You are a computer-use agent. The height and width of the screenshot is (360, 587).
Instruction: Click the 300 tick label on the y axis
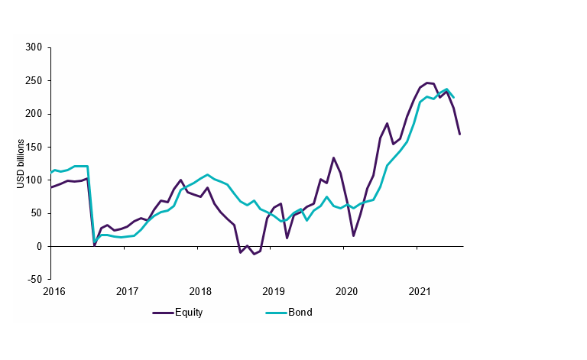(x=34, y=47)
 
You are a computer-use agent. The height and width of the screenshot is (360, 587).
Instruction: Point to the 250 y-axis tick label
(x=34, y=80)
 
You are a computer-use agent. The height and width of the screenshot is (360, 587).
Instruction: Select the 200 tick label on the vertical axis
(x=34, y=114)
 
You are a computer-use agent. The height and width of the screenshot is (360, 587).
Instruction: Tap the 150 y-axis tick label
(x=34, y=147)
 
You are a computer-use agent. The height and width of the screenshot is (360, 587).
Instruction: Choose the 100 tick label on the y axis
(x=34, y=180)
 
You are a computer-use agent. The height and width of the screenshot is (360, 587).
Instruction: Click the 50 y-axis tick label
(x=37, y=213)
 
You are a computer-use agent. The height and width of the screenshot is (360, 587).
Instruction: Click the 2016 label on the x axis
(x=54, y=291)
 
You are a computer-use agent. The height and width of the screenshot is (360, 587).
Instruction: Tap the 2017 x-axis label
(x=127, y=291)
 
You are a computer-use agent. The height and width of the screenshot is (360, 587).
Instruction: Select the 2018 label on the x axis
(x=200, y=291)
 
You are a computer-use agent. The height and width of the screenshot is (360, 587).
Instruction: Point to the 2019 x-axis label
(x=274, y=291)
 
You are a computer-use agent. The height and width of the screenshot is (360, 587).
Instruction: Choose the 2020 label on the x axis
(x=347, y=291)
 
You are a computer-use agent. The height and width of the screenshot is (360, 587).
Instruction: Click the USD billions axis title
(x=21, y=164)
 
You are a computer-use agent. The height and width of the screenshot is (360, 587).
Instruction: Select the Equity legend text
(x=189, y=313)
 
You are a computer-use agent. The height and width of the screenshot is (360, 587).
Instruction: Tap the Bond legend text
(x=300, y=313)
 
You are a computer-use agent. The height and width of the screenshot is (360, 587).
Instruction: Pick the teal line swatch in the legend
(x=276, y=313)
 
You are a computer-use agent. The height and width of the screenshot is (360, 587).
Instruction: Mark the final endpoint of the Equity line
(x=460, y=135)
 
